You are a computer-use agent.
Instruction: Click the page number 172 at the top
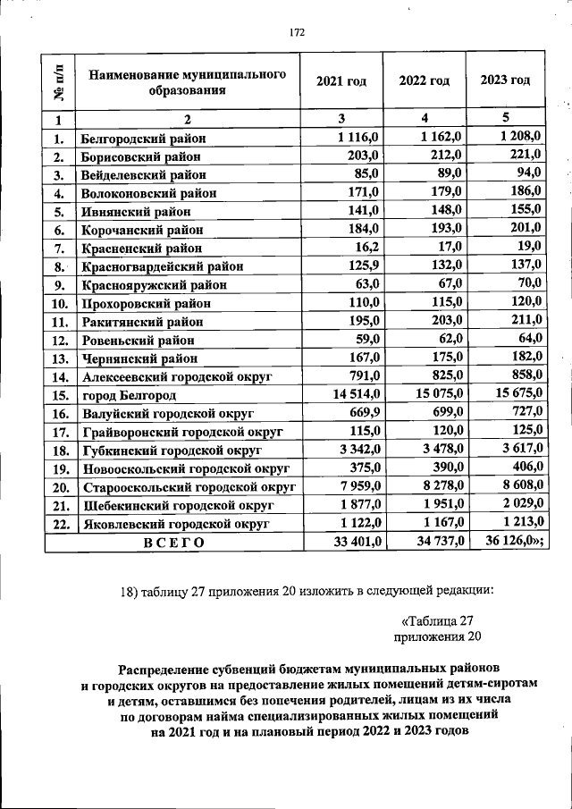pos(298,33)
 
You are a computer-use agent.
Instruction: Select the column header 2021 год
pos(341,80)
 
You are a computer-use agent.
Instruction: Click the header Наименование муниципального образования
pos(187,81)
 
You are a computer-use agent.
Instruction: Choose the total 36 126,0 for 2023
pos(514,542)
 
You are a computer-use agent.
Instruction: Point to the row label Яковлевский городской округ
pos(166,525)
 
